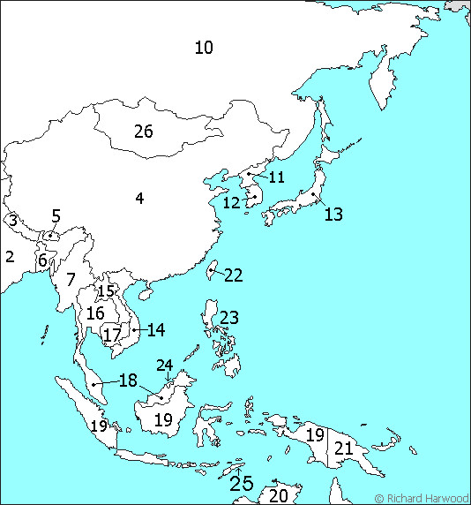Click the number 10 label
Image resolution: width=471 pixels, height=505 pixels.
point(204,48)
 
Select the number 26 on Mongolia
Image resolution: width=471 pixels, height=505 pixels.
point(143,132)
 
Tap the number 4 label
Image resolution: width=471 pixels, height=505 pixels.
point(139,199)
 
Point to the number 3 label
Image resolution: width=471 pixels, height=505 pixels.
point(13,220)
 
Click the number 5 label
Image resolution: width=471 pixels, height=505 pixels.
point(56,215)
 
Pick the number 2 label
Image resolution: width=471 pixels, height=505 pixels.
point(10,257)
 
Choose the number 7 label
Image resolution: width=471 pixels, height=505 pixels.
point(71,280)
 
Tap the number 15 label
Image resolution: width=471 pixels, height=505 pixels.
point(106,292)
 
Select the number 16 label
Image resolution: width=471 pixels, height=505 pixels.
point(95,313)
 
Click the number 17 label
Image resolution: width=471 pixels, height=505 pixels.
point(111,335)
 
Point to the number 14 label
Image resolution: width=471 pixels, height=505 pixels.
point(156,330)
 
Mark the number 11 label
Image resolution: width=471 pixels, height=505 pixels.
point(276,177)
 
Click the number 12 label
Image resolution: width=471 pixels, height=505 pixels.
point(231,203)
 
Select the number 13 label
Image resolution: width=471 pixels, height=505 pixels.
point(333,214)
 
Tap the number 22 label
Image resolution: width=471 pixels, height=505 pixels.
point(233,275)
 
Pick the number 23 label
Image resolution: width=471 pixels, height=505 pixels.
point(229,318)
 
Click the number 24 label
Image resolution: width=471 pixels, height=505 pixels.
point(165,366)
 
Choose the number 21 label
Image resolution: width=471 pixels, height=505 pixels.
point(343,448)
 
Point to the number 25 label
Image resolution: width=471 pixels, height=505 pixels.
point(241,483)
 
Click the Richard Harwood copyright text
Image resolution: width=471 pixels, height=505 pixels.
point(422,498)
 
